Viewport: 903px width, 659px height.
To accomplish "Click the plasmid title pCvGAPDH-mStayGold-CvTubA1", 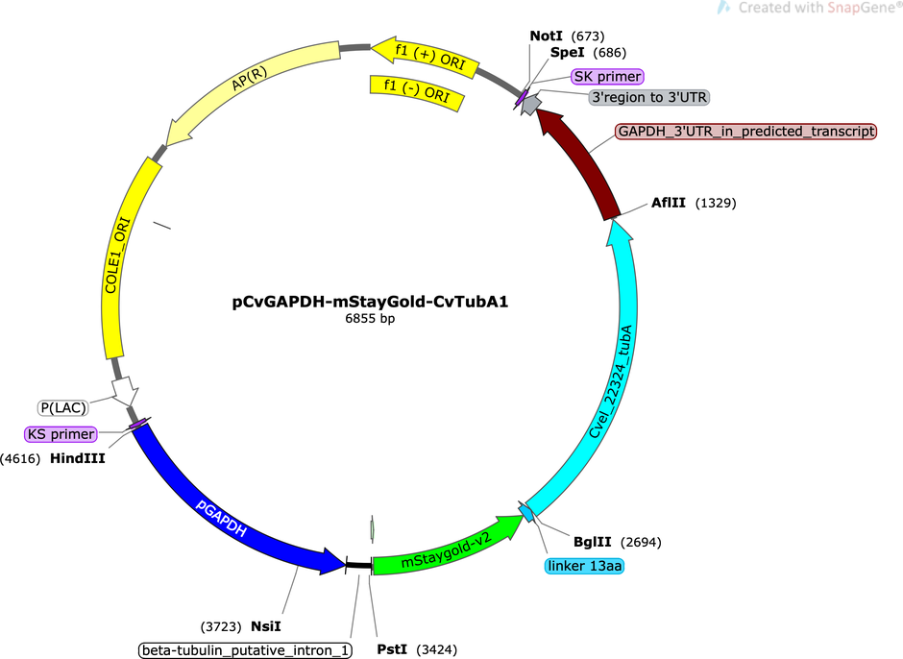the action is coord(370,302).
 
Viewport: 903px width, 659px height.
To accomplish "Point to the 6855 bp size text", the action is coord(370,319).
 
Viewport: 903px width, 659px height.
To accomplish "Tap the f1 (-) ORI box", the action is coord(416,91).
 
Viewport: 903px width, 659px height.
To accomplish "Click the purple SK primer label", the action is coord(607,77).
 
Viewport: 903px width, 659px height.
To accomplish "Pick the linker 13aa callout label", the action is coord(584,566).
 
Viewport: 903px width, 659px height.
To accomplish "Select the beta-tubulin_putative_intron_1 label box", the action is coord(245,650).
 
